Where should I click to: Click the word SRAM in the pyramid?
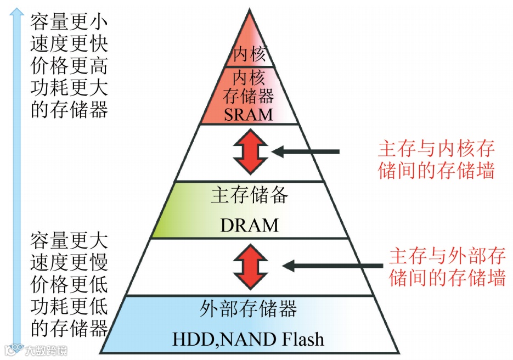point(249,114)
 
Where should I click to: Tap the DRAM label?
point(250,224)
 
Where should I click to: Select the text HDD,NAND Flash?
point(249,339)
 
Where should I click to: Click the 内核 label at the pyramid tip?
point(250,54)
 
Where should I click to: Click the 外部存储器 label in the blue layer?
point(249,308)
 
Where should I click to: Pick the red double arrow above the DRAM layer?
point(250,152)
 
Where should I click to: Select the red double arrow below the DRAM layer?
point(250,266)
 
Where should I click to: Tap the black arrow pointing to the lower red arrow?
point(332,266)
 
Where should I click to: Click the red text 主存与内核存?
point(437,148)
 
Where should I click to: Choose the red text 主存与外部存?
point(447,256)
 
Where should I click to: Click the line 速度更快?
point(69,43)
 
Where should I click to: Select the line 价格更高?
point(69,66)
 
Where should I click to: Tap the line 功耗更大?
point(69,88)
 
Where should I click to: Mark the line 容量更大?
point(69,240)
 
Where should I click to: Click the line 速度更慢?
point(69,262)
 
